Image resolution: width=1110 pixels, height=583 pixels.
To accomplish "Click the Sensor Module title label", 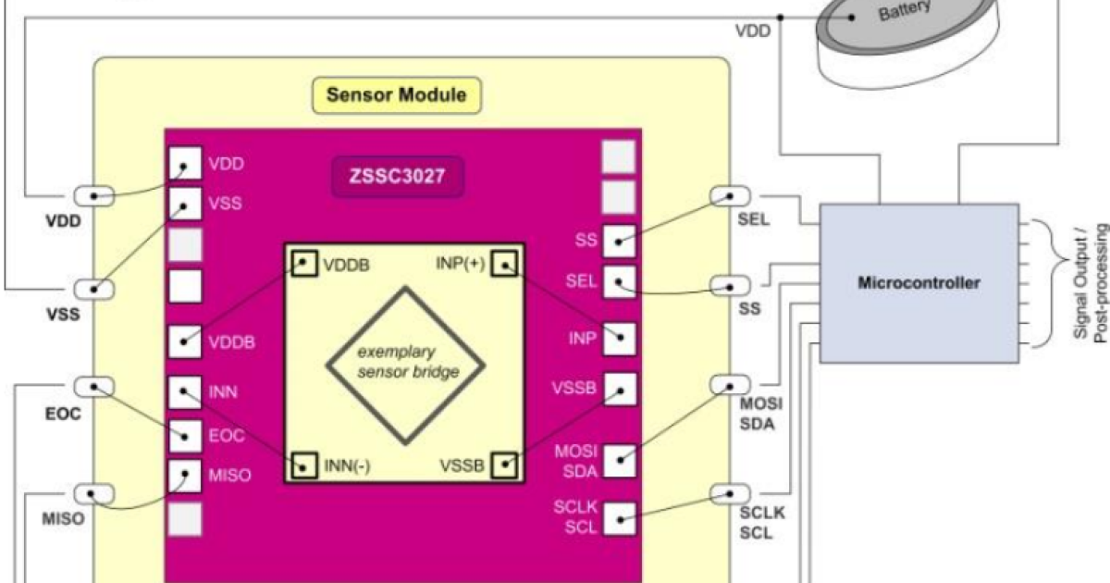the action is coord(397,94).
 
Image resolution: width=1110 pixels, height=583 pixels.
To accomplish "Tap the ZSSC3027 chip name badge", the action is coord(398,177).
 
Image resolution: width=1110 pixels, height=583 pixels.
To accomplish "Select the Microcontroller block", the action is coord(919,283).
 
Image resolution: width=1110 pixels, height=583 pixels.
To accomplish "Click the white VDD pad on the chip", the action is coord(185,163).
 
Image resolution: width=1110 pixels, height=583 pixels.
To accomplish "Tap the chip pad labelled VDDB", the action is coord(185,341).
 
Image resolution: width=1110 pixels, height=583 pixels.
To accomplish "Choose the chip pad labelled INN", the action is coord(185,392).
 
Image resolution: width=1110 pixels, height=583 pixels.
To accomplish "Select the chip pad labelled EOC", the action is coord(185,436).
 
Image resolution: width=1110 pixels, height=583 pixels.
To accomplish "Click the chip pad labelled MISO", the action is coord(185,476).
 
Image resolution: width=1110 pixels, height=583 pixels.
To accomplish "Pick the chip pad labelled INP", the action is coord(620,339).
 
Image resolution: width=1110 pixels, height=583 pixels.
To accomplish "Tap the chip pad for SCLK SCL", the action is coord(620,519).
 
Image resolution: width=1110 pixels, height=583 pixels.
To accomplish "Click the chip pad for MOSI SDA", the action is coord(620,461).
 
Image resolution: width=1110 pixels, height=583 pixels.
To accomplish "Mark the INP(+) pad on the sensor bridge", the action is coord(504,263).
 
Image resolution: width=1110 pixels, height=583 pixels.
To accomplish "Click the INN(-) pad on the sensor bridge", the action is coord(303,465).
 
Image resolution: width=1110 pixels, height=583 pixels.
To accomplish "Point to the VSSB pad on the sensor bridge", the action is coord(504,465).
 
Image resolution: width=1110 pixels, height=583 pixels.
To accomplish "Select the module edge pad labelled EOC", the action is coord(94,387).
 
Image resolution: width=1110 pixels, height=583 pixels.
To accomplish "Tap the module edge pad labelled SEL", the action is coord(730,196).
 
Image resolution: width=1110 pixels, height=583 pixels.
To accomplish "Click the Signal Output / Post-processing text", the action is coord(1091,282).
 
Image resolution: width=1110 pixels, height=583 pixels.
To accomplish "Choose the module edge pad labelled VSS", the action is coord(94,289).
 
